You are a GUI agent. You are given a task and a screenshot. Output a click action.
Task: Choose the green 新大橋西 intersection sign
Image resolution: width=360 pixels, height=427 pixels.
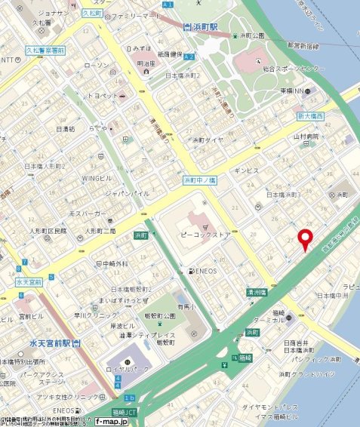309,116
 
